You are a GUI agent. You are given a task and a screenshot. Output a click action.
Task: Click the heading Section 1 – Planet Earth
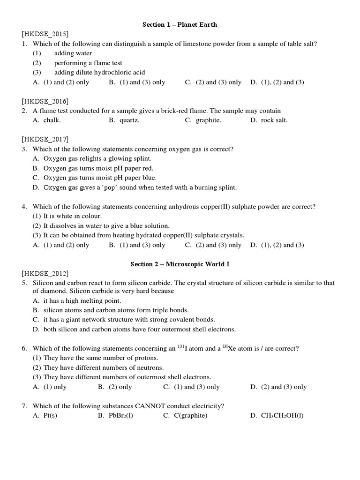(x=180, y=24)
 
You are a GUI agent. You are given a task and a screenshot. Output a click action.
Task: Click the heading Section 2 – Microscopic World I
(x=180, y=264)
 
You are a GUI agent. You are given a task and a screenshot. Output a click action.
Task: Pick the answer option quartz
(x=129, y=120)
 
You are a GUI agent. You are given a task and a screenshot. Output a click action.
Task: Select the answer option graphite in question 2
(x=208, y=120)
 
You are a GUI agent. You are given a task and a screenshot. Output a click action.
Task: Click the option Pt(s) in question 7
(x=50, y=415)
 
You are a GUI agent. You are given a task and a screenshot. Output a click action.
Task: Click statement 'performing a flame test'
(x=88, y=63)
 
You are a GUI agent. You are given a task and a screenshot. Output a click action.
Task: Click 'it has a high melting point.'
(x=82, y=300)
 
